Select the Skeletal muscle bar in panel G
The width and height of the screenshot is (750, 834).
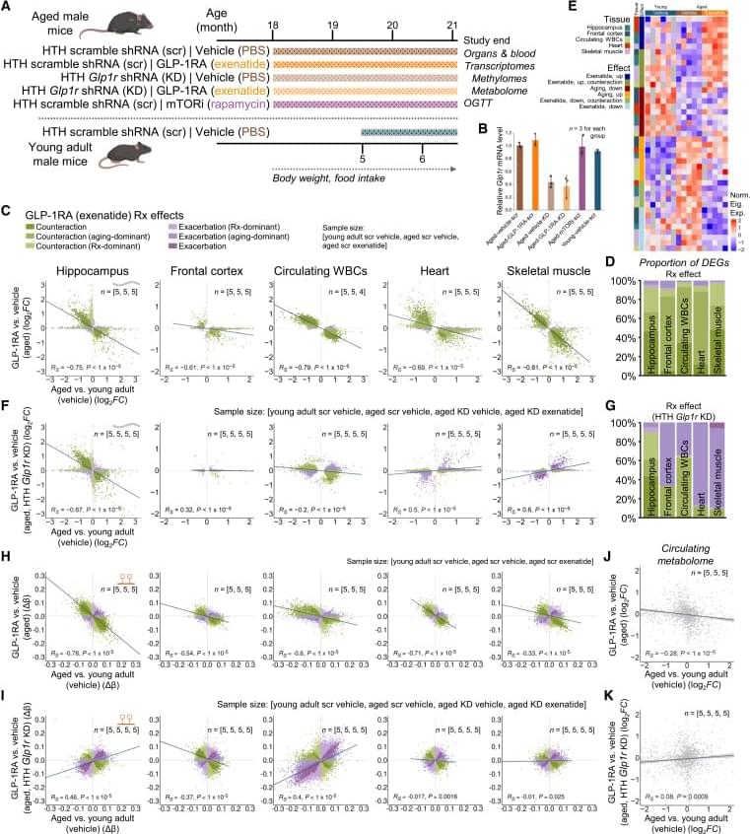(x=727, y=463)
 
